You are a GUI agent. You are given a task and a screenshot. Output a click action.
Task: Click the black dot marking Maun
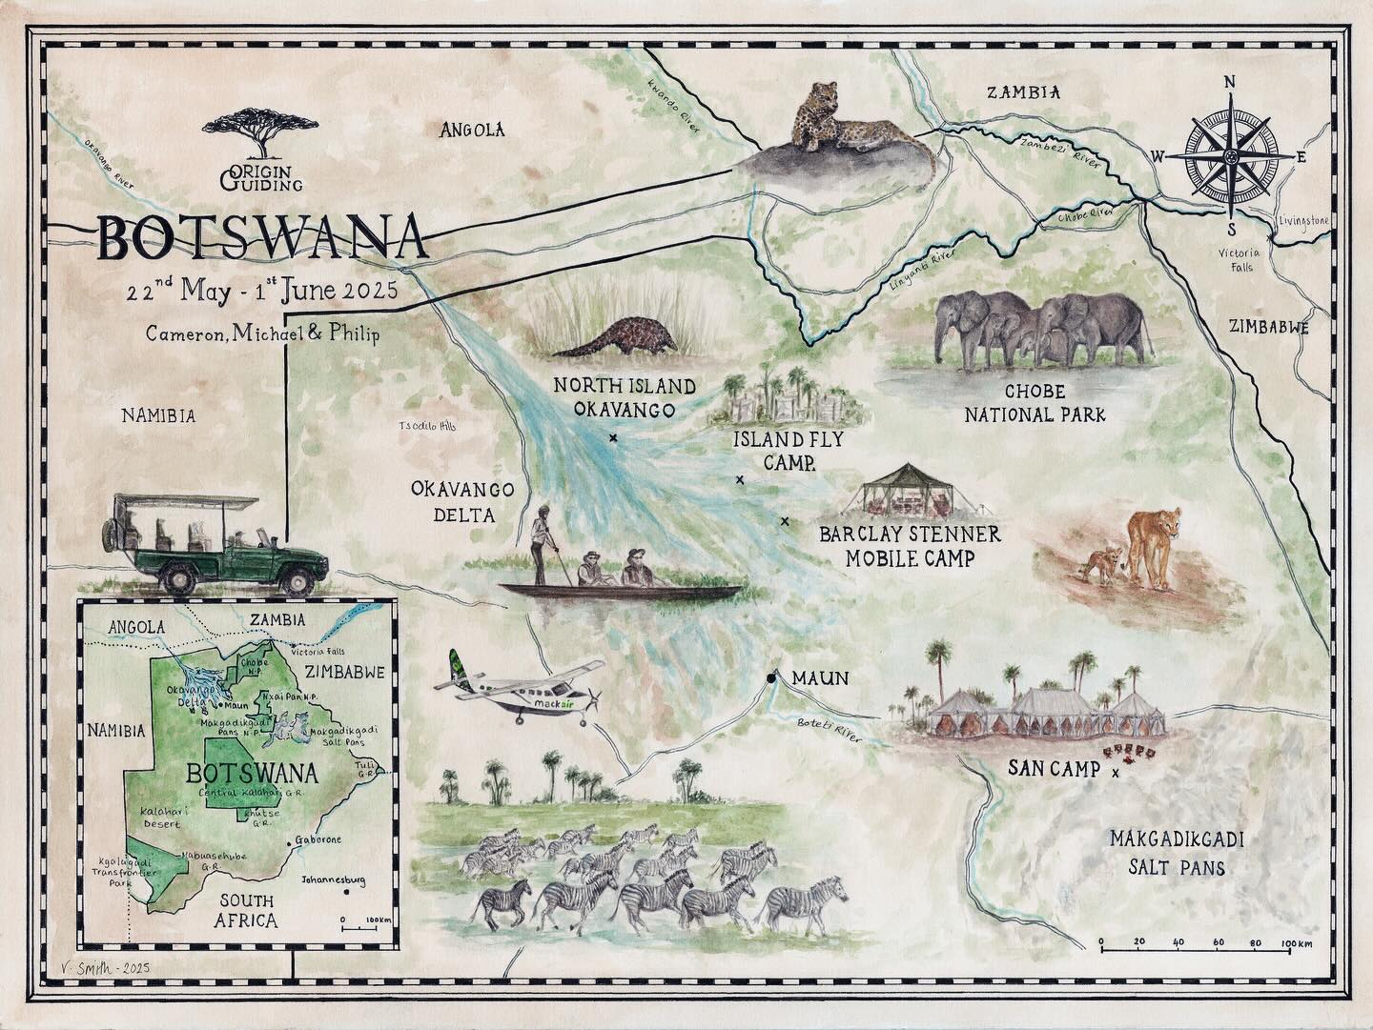click(769, 678)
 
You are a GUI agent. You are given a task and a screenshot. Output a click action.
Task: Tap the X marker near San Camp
click(1117, 773)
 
